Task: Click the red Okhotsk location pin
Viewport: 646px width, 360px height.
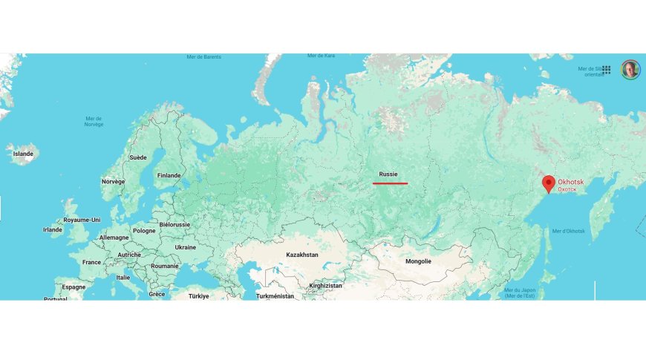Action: tap(549, 183)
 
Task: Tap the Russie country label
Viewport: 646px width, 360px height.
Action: tap(388, 174)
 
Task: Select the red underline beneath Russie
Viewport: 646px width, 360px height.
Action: tap(390, 183)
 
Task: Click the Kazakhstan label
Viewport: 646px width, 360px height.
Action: tap(302, 255)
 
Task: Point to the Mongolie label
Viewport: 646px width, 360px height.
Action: tap(418, 261)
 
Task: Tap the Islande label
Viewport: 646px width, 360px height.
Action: tap(23, 154)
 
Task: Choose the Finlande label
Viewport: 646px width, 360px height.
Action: tap(169, 176)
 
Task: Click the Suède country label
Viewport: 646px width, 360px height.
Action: tap(138, 157)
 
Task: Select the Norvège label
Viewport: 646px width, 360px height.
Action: tap(113, 181)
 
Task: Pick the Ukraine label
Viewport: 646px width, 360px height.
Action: tap(185, 247)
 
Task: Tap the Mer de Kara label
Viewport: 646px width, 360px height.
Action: tap(321, 56)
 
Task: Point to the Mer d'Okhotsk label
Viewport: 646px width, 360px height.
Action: tap(569, 232)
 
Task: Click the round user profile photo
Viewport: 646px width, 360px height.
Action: tap(630, 69)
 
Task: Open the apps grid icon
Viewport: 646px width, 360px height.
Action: tap(607, 69)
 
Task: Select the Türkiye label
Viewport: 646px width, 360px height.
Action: tap(198, 295)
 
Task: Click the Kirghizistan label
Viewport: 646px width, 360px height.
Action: tap(325, 286)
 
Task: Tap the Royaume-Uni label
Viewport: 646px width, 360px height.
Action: tap(82, 220)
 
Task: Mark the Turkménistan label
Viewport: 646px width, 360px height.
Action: tap(275, 295)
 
